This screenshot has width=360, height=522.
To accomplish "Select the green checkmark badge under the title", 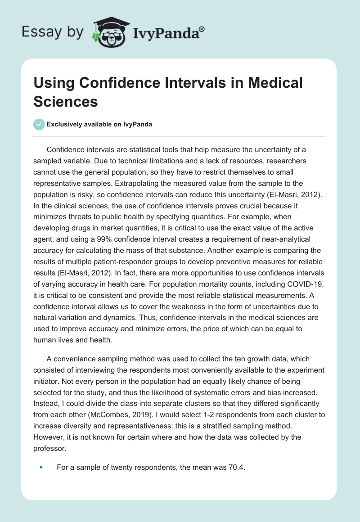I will pos(39,124).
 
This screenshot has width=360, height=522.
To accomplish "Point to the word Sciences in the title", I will pos(66,101).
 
